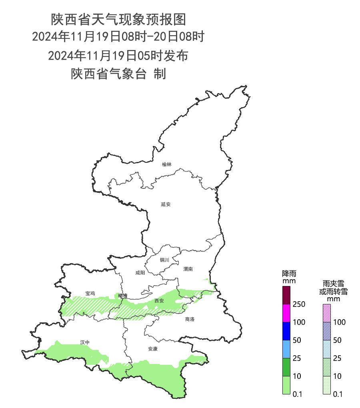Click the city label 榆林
pos(167,164)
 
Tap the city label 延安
pos(166,204)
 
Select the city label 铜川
pos(164,260)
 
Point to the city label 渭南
pos(188,269)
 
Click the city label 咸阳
pos(140,273)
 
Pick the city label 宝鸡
pos(90,293)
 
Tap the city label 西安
pos(159,300)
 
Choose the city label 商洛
pos(190,319)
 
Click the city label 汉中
pos(84,342)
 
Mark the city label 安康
pos(153,349)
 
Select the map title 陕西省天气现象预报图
pos(118,19)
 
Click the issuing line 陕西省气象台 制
pos(118,74)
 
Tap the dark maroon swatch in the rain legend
pos(287,295)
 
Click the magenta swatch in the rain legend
pos(287,313)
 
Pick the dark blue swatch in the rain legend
pos(287,331)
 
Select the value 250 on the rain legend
pos(299,304)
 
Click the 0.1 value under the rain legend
pos(297,394)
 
